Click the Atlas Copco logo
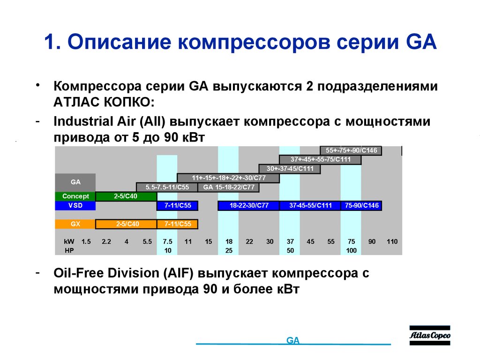429,336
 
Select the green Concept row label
75,196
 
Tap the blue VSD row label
75,205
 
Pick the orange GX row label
75,224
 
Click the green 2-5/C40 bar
126,196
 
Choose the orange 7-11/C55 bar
178,224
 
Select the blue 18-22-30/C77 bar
248,205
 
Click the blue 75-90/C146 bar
361,205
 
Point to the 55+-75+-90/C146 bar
351,150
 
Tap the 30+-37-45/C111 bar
290,169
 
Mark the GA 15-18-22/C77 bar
228,187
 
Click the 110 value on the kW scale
392,241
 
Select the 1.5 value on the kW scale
86,241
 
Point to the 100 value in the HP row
351,250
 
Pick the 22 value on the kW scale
249,241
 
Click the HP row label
69,250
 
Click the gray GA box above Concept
75,182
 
